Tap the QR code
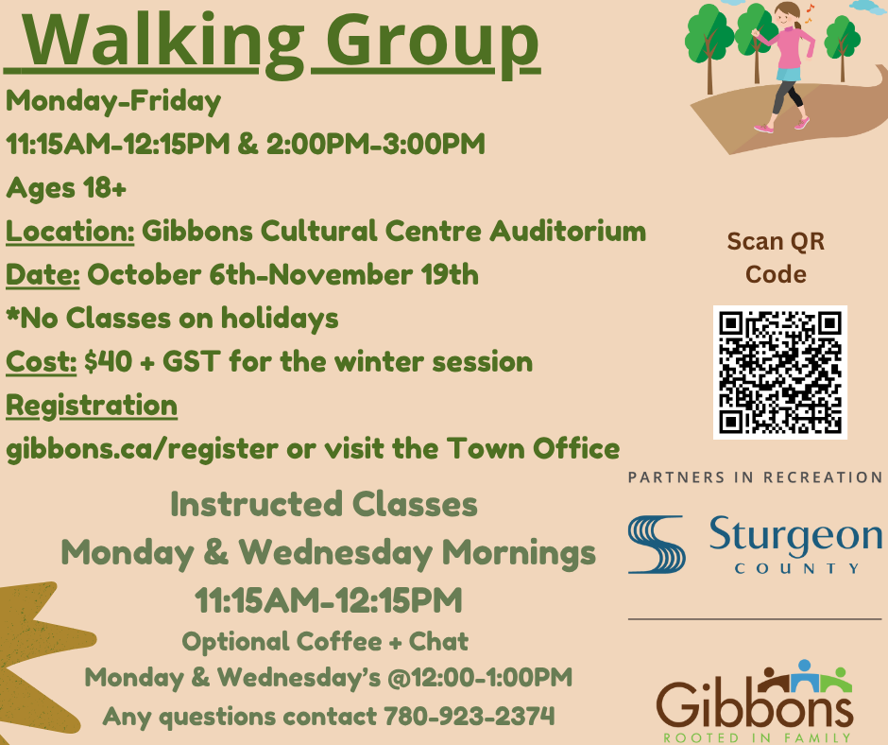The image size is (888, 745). click(779, 372)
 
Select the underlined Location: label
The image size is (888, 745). click(70, 232)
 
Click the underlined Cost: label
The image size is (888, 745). click(41, 362)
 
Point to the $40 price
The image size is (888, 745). click(109, 361)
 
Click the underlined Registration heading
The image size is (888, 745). click(92, 407)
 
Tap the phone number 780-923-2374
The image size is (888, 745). click(469, 716)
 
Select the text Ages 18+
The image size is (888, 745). click(66, 187)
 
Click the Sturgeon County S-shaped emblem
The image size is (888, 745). click(657, 545)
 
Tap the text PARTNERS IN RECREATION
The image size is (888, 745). click(755, 477)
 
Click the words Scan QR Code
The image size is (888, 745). click(776, 258)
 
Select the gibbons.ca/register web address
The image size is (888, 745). click(142, 450)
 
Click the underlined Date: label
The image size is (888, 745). click(43, 275)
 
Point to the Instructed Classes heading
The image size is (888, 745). click(324, 504)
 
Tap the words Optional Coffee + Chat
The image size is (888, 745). click(325, 641)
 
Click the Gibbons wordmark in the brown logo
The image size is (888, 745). click(755, 703)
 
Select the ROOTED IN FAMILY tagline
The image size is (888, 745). click(758, 737)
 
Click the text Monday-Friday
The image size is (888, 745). click(113, 101)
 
